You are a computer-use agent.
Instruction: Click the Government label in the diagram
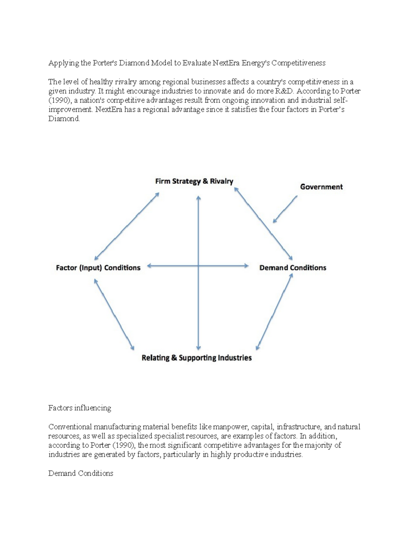click(321, 187)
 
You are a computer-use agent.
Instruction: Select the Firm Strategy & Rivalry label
click(194, 181)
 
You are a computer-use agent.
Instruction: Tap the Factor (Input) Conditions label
click(98, 268)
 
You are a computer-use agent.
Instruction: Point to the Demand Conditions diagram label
click(293, 268)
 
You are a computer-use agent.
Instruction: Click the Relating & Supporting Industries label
click(196, 358)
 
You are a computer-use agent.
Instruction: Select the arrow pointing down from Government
click(285, 209)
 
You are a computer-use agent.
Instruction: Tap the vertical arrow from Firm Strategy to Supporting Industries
click(198, 309)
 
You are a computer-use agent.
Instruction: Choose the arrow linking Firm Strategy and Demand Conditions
click(263, 223)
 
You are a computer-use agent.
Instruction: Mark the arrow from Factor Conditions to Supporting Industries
click(114, 314)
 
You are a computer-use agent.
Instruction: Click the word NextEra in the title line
click(226, 63)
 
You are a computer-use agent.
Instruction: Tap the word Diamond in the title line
click(134, 63)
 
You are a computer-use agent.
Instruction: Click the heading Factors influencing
click(80, 408)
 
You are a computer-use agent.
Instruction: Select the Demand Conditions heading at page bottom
click(81, 473)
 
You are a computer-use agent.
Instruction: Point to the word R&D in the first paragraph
click(285, 91)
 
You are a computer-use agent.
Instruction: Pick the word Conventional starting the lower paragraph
click(70, 427)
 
